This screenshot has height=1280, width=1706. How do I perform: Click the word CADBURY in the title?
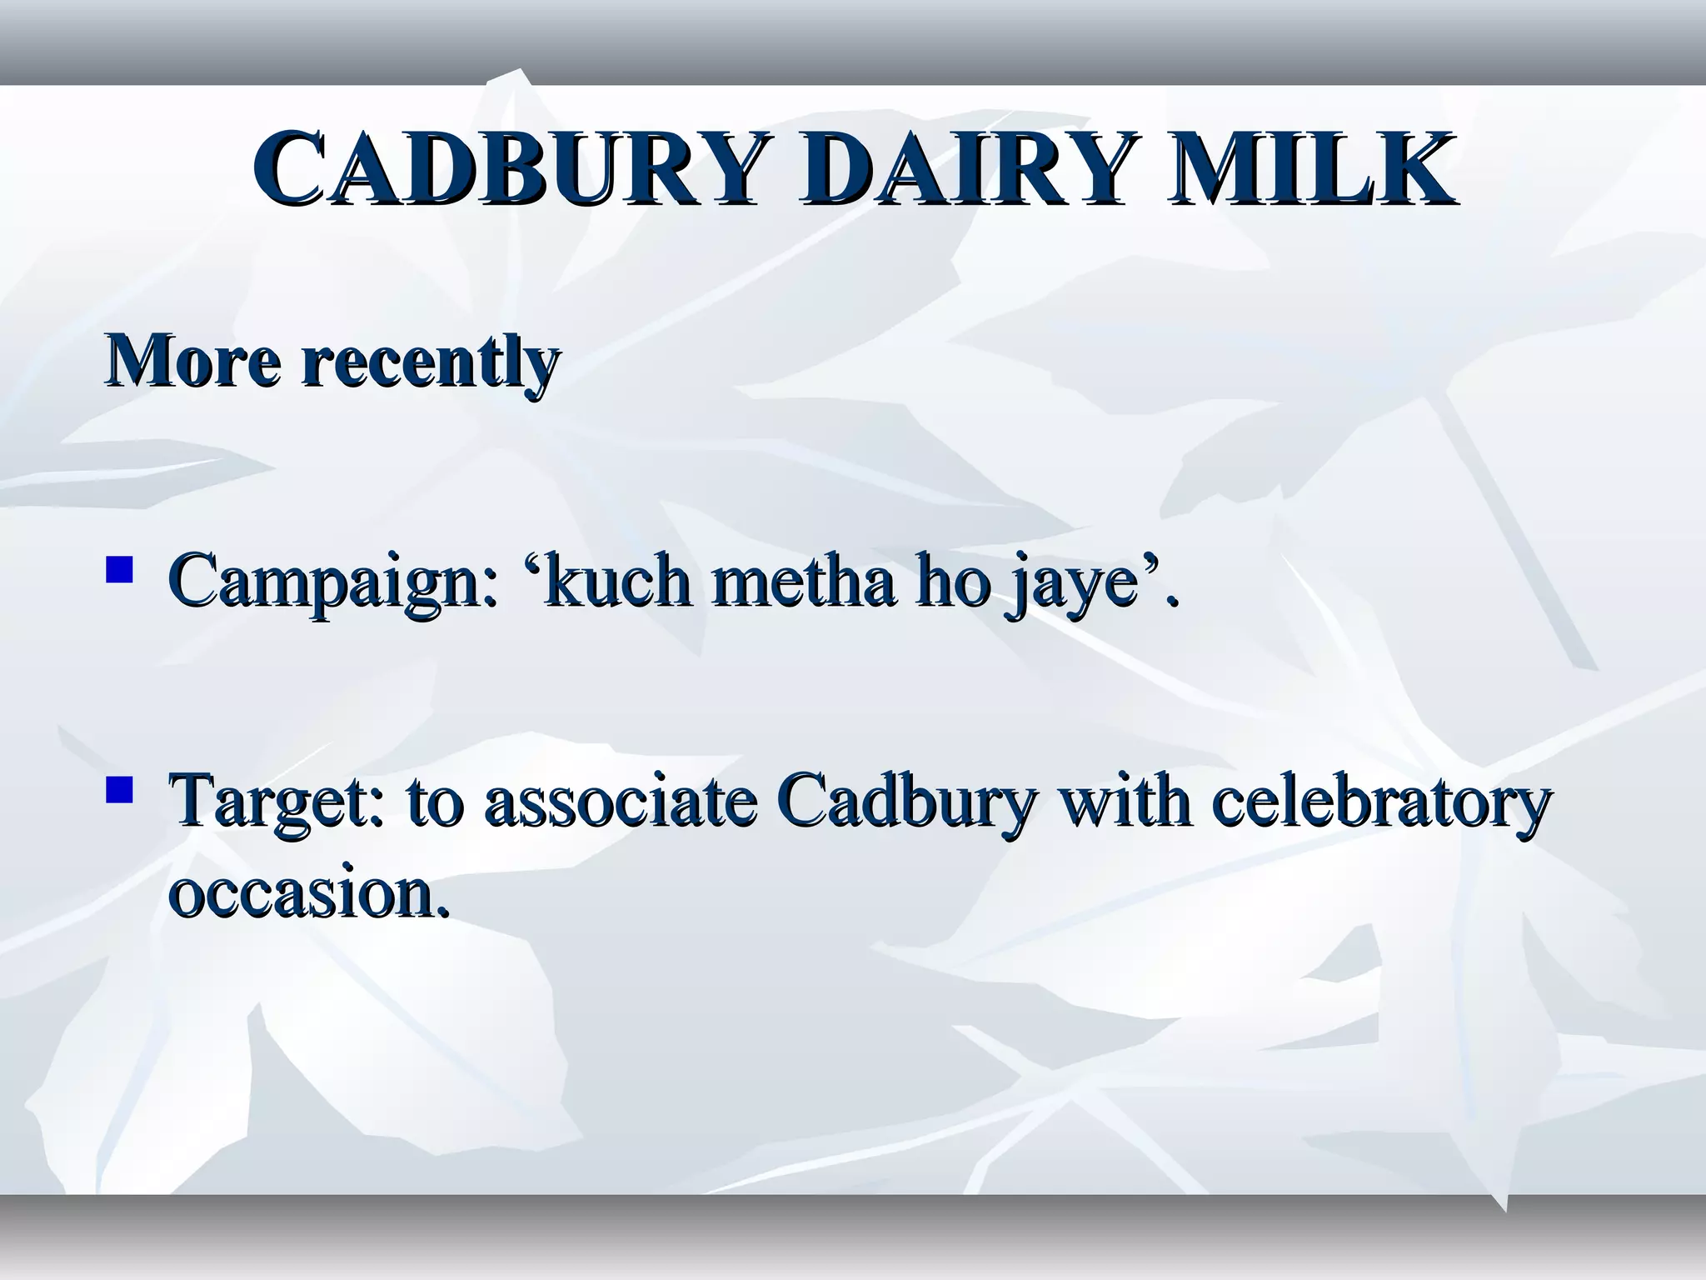tap(506, 168)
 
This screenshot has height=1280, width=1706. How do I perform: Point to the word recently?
tap(430, 362)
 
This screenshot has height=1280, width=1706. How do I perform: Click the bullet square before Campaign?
tap(120, 570)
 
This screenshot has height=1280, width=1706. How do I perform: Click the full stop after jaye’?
tap(1173, 602)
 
